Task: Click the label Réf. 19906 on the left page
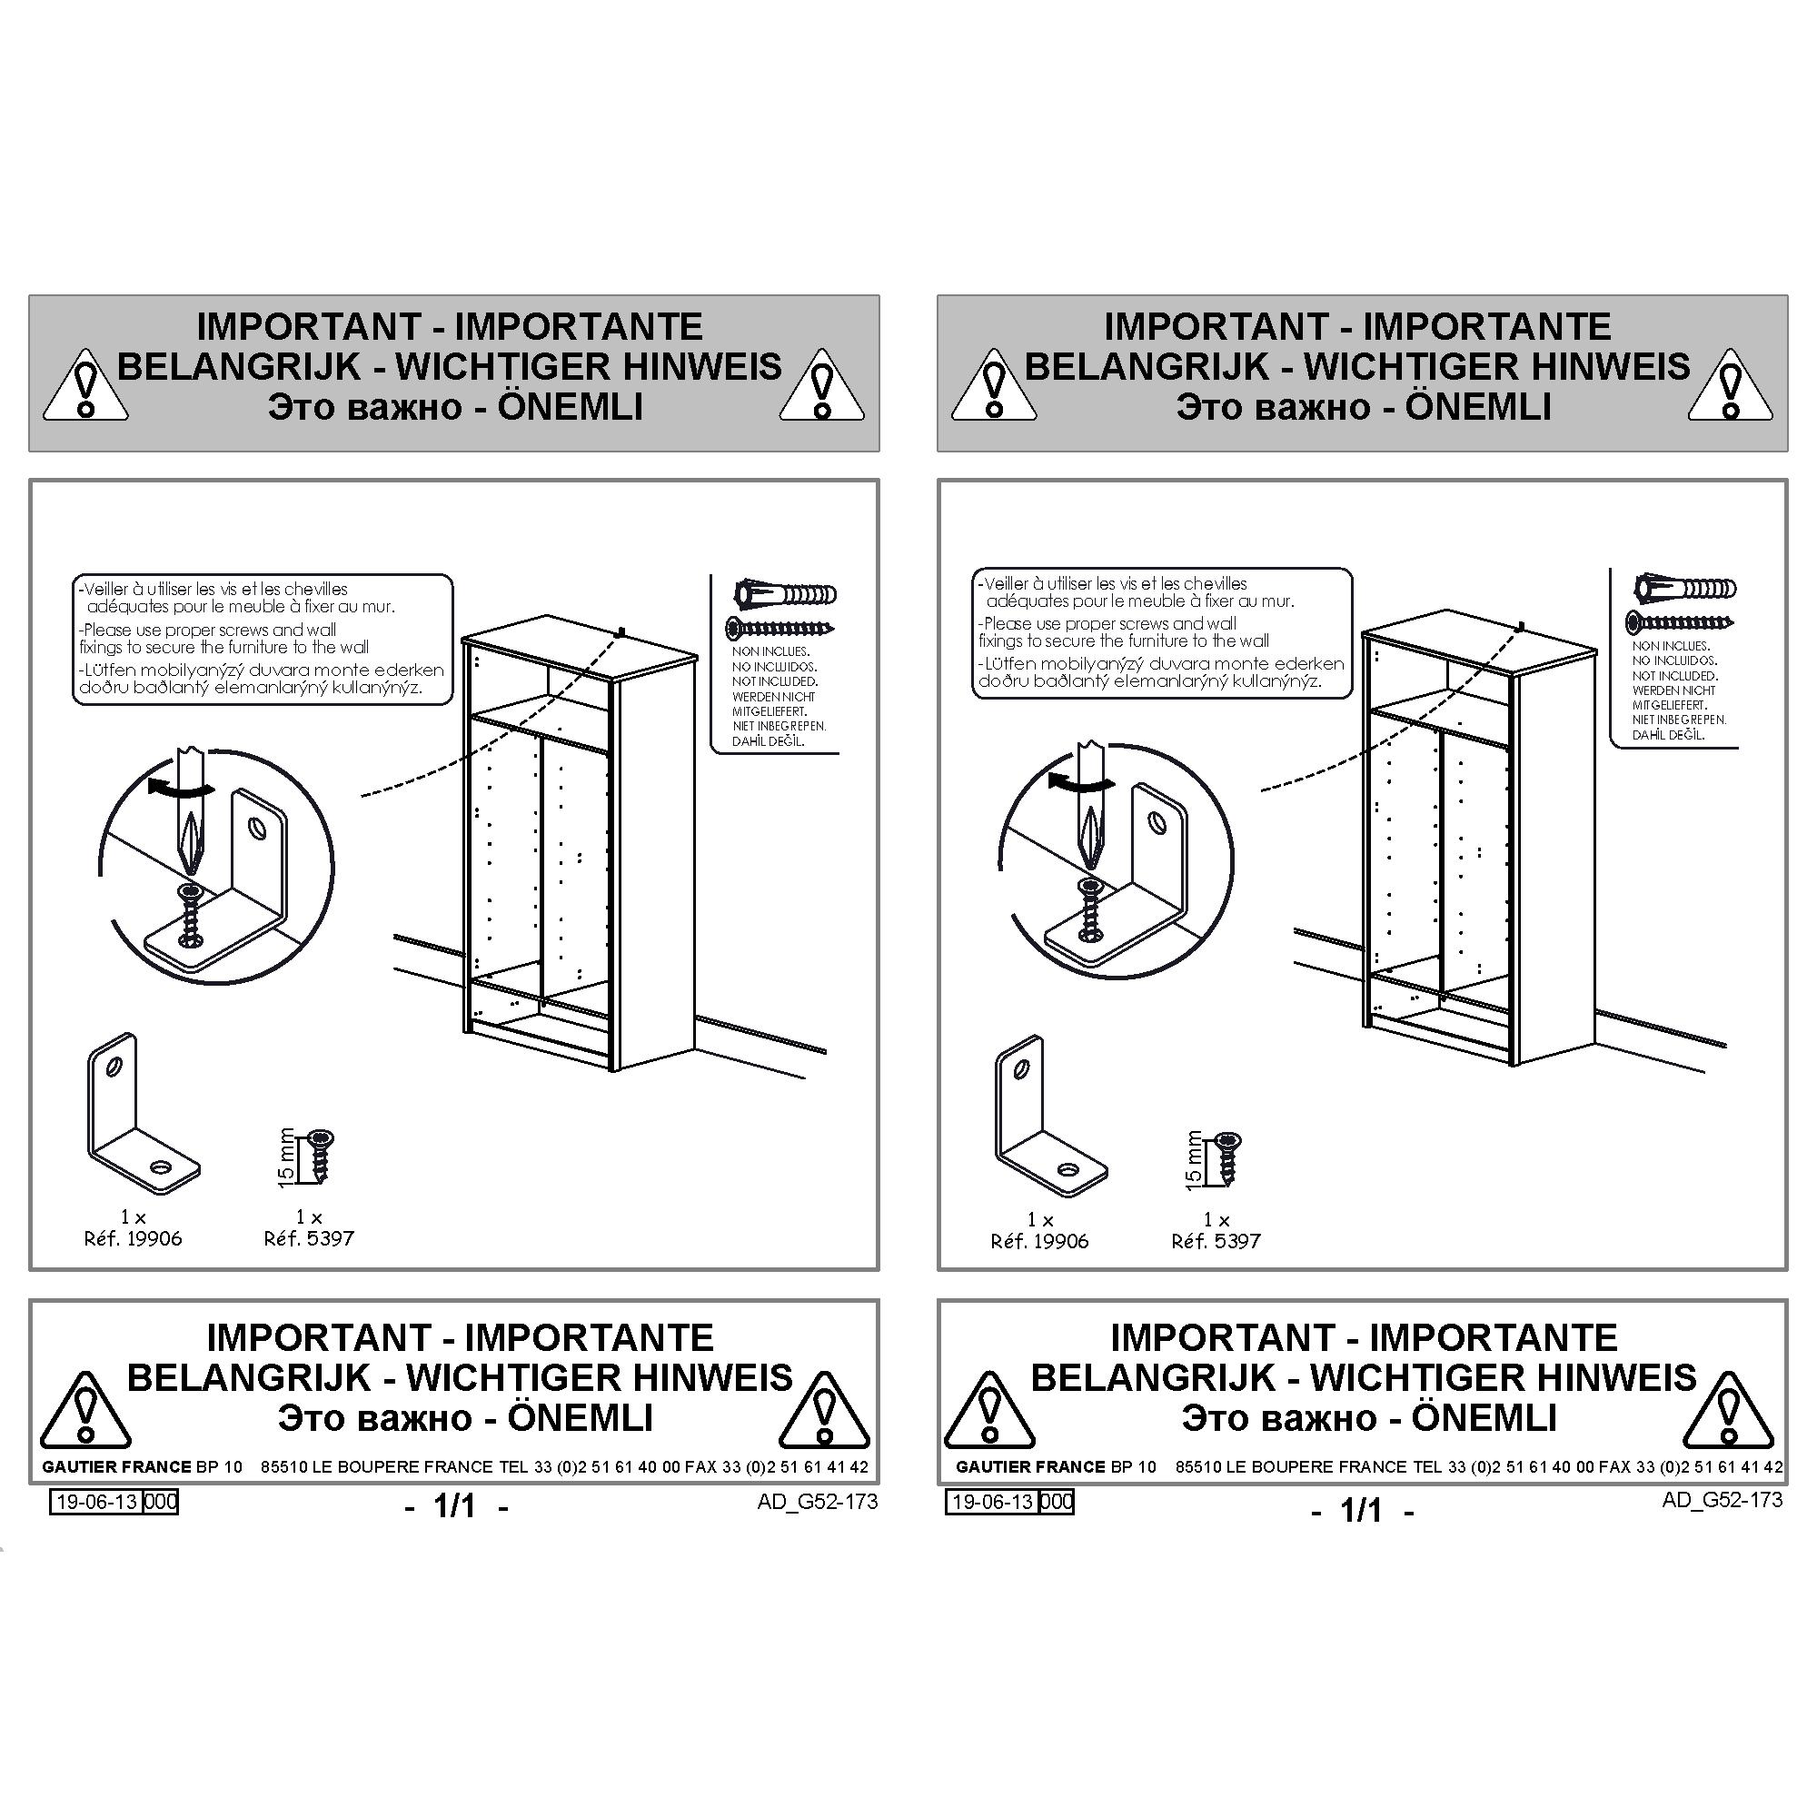133,1238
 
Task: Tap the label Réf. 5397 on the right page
1216,1241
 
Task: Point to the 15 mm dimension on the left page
287,1157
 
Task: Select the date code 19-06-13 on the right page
992,1502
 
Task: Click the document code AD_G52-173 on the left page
818,1501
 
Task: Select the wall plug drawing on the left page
784,593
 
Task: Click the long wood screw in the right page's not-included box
1681,620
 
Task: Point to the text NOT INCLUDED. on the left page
775,680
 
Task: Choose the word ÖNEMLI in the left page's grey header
571,406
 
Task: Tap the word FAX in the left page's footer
700,1466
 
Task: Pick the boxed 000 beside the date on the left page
161,1502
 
